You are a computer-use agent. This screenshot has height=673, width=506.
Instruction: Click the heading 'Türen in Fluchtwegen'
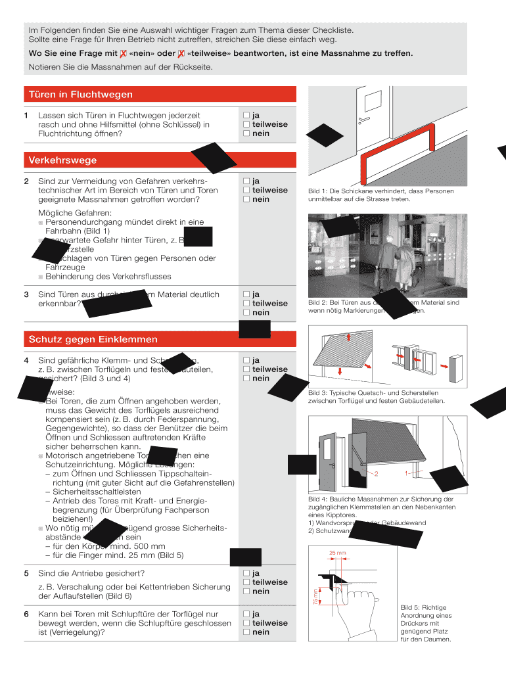coord(80,95)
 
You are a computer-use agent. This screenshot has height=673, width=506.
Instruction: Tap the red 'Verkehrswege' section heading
coord(62,160)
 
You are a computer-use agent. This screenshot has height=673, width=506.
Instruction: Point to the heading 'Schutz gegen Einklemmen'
coord(93,339)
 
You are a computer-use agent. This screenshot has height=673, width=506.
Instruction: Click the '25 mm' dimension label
coord(337,552)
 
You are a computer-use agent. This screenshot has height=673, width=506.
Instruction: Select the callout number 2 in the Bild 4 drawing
coord(377,473)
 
